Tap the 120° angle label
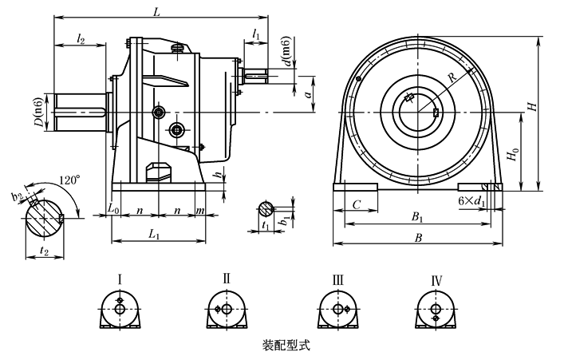pyautogui.click(x=69, y=181)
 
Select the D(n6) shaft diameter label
pyautogui.click(x=38, y=113)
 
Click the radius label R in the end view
pyautogui.click(x=451, y=78)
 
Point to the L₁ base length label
pyautogui.click(x=155, y=236)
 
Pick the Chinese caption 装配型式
pyautogui.click(x=286, y=346)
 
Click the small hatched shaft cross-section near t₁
pyautogui.click(x=266, y=209)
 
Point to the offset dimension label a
pyautogui.click(x=307, y=93)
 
